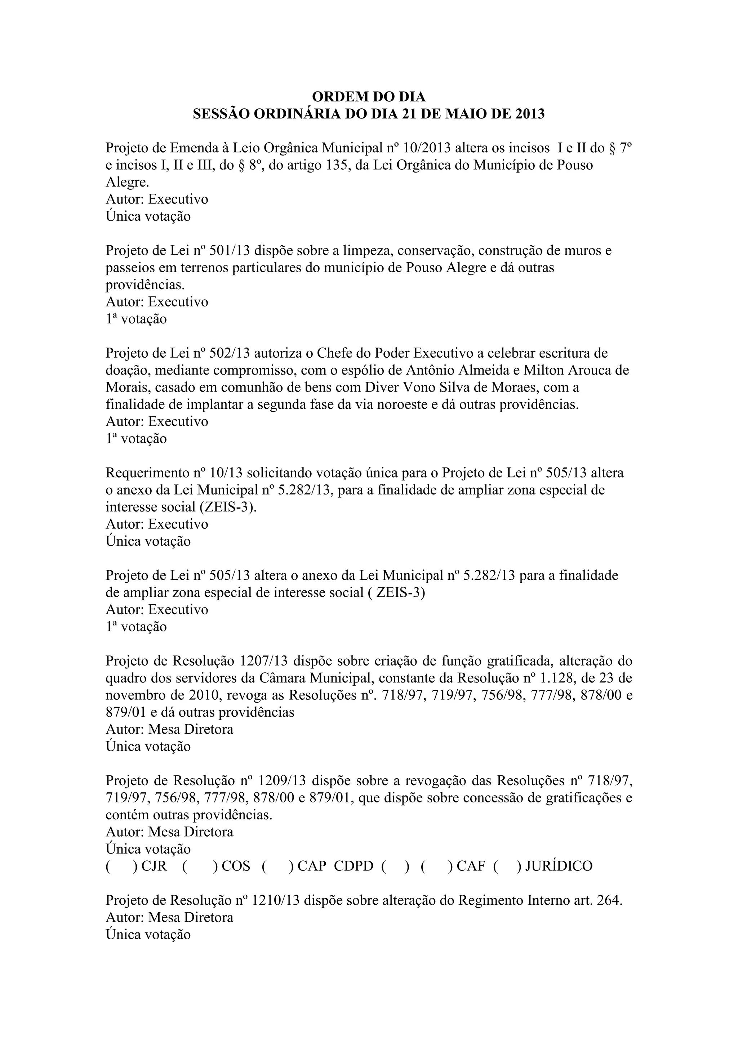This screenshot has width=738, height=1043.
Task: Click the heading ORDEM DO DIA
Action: [x=369, y=97]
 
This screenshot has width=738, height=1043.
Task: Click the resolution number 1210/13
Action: [x=275, y=901]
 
